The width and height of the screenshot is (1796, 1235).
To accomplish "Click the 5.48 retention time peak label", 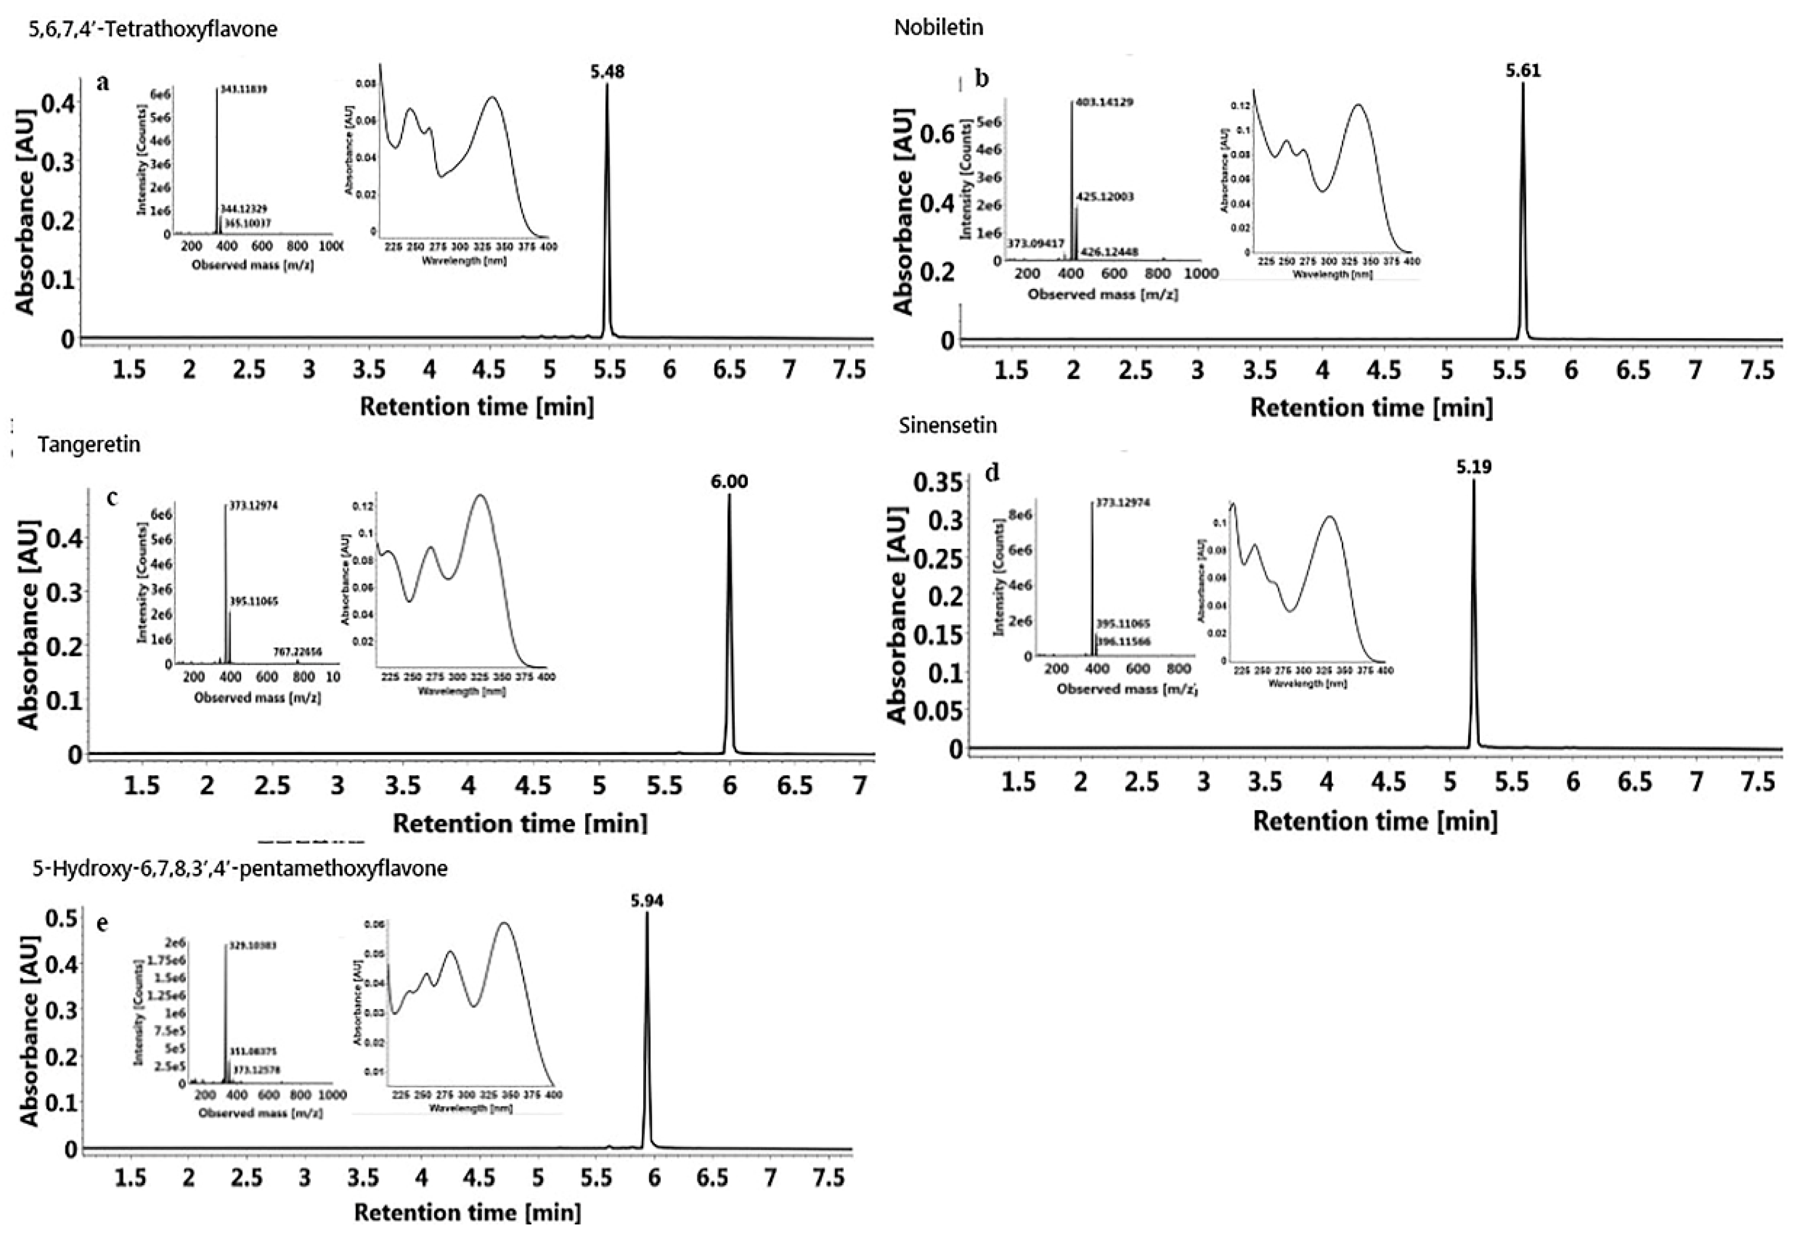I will point(607,72).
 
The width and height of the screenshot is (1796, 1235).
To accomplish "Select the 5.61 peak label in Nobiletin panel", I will point(1523,71).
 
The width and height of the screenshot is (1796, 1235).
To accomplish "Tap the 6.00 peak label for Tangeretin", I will point(729,482).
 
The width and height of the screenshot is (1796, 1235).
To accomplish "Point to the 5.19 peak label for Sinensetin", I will point(1473,467).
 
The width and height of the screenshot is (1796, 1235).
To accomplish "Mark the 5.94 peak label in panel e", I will point(647,901).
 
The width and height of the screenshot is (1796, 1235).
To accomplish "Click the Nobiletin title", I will point(938,28).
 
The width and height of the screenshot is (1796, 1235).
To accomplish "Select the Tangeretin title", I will point(89,445).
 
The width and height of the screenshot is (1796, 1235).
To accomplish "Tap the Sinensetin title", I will point(947,425).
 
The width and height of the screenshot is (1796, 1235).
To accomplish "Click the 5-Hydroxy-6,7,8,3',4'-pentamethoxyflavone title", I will point(240,868).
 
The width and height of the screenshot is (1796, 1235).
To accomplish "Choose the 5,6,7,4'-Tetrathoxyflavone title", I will point(153,29).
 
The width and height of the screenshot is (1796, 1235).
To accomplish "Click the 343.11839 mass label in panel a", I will point(243,90).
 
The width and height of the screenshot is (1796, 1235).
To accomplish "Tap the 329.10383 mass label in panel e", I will point(252,946).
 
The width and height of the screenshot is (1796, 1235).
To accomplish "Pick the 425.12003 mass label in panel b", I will point(1106,196).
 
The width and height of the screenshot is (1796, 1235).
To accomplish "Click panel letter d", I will point(992,472).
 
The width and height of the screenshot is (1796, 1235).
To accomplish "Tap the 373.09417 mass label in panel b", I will point(1036,243).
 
